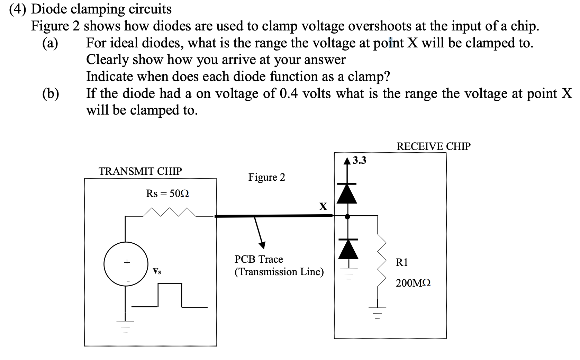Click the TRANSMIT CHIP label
click(140, 171)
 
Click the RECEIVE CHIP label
click(433, 146)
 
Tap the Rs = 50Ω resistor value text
click(167, 193)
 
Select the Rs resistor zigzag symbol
click(170, 212)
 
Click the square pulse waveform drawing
click(170, 295)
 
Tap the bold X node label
click(323, 207)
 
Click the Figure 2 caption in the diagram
click(266, 177)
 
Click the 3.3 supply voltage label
click(360, 160)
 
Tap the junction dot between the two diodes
click(347, 216)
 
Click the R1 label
click(402, 262)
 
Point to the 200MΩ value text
click(413, 283)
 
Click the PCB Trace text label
click(259, 259)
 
